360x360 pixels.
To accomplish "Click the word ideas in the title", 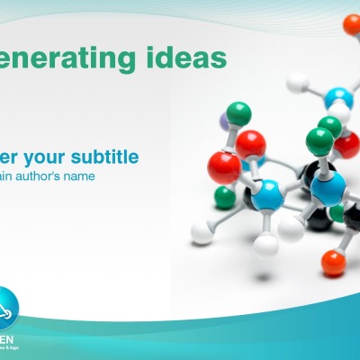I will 184,58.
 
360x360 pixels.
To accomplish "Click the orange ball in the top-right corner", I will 352,24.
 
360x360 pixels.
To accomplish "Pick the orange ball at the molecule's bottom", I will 333,262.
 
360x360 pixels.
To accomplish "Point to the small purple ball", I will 225,118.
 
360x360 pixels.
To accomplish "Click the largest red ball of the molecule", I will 224,168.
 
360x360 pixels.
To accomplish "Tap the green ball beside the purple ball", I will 238,113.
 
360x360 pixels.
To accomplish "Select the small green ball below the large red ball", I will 224,197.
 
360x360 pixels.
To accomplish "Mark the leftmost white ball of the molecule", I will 202,235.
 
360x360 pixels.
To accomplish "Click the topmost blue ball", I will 339,98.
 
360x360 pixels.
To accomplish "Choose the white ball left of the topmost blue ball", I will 298,84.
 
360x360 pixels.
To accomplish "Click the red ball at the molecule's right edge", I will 347,144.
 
